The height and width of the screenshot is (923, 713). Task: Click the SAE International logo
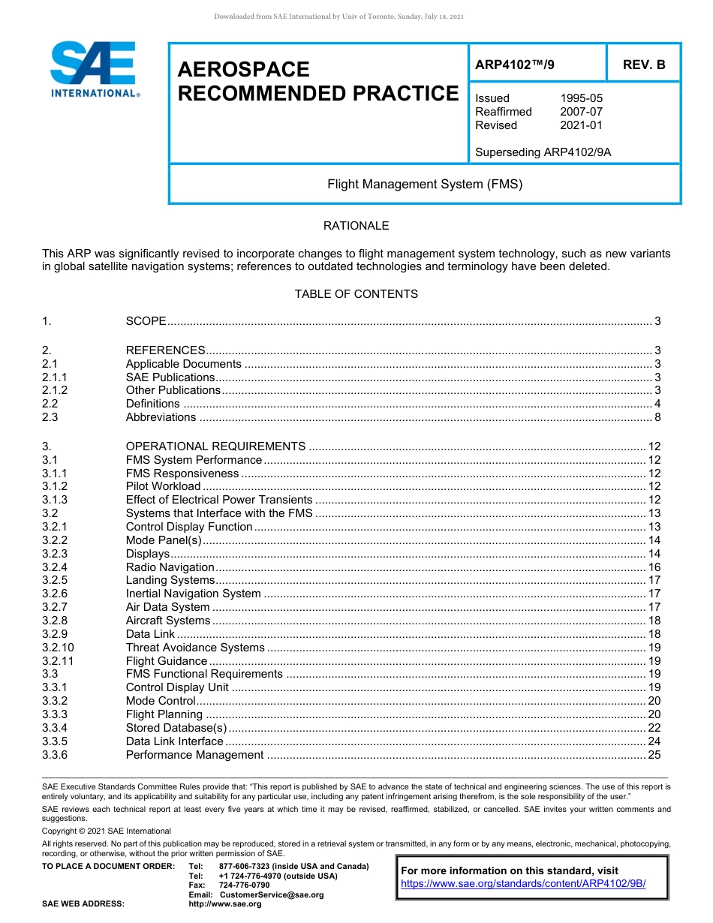coord(94,69)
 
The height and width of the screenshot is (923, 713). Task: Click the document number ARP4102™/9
coord(515,65)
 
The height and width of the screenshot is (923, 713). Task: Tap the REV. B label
coord(643,65)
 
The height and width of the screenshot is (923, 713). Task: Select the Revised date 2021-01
coord(581,125)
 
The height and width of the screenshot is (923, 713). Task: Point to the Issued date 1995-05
coord(581,98)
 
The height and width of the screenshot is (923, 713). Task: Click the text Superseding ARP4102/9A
coord(543,152)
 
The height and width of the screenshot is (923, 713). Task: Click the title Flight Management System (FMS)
coord(425,184)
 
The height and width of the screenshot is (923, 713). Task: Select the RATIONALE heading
coord(356,226)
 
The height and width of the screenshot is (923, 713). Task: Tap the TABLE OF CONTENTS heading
coord(356,294)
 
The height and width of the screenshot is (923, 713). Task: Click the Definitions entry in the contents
coord(152,404)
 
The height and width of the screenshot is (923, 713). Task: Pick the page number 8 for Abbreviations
coord(657,417)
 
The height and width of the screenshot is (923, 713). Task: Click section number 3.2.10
coord(58,648)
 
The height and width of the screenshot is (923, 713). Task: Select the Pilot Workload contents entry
coord(163,486)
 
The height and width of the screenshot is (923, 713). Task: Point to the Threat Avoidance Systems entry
coord(195,648)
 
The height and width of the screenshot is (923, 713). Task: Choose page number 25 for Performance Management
coord(654,755)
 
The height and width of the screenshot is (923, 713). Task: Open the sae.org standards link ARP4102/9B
coord(523,883)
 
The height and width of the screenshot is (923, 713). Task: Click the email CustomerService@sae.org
coord(271,894)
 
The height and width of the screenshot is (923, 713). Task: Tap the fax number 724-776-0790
coord(244,885)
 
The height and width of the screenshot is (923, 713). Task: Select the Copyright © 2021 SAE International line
coord(107,831)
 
